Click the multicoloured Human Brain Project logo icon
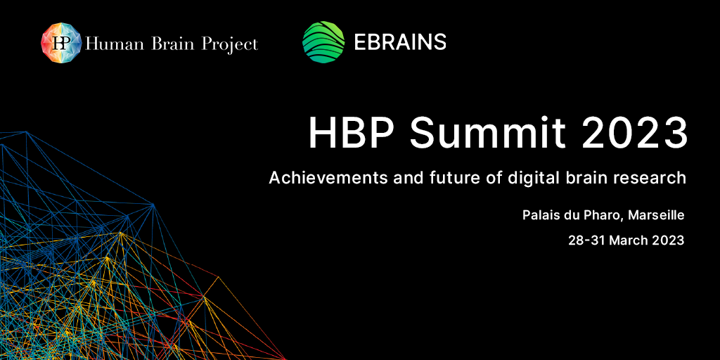(x=61, y=44)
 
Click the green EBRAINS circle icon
(x=323, y=41)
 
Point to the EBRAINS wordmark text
(x=400, y=41)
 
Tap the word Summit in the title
(x=488, y=133)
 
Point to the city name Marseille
(x=656, y=215)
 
